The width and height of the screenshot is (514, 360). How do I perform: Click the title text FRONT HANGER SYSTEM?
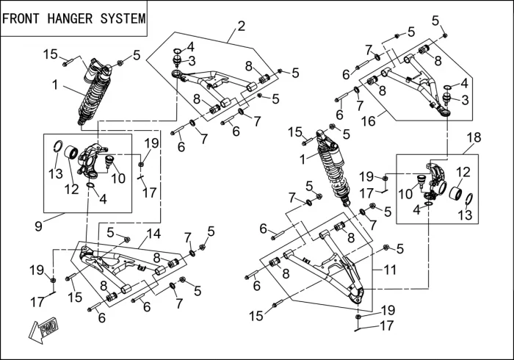(x=73, y=18)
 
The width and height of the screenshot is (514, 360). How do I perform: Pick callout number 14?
(x=153, y=234)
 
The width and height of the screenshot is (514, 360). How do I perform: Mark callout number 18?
(x=473, y=137)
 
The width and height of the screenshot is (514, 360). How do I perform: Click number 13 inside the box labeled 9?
(x=56, y=173)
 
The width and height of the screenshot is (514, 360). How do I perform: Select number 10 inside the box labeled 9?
(x=118, y=179)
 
